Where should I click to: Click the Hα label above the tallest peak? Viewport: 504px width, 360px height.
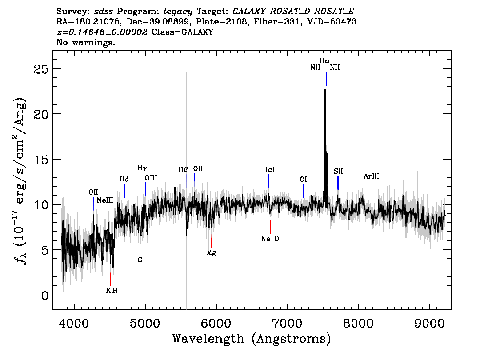point(324,61)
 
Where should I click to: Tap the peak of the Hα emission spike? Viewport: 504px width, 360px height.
point(325,89)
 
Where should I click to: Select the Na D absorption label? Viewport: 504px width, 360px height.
point(270,239)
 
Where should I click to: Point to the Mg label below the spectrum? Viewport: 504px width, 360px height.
point(211,252)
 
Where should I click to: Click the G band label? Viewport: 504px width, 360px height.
point(140,260)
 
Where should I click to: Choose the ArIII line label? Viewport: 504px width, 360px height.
point(372,176)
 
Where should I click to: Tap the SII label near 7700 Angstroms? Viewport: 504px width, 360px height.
point(338,171)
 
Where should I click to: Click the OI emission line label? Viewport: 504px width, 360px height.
point(303,180)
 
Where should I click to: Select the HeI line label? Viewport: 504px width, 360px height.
point(268,170)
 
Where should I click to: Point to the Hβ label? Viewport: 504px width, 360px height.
point(183,170)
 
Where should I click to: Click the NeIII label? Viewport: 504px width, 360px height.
point(105,200)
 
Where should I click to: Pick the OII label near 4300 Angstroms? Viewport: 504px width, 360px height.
point(93,192)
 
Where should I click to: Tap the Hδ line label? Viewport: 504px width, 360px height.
point(124,179)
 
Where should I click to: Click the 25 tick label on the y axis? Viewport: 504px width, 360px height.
point(41,69)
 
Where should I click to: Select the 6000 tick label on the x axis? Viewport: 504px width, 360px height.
point(216,324)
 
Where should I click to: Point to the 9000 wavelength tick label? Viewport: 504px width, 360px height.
point(429,324)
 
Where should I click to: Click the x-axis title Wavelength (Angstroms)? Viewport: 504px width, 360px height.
point(252,339)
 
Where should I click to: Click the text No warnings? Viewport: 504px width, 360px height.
point(85,42)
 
